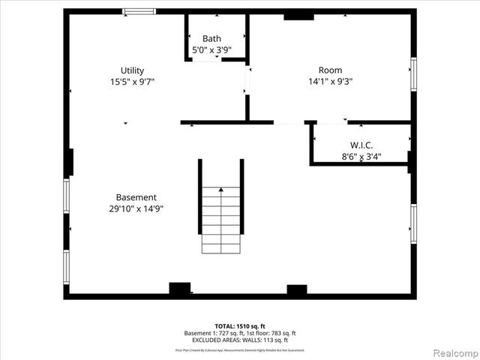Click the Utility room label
coord(133,70)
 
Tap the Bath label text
coord(211,39)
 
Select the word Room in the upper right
coord(330,70)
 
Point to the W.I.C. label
coord(361,145)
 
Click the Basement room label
coord(136,197)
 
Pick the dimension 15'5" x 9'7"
coord(133,82)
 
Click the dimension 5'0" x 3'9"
coord(211,50)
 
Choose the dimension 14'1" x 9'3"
coord(330,82)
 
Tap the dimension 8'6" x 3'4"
coord(361,157)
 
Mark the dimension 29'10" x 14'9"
coord(136,208)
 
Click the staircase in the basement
coord(220,217)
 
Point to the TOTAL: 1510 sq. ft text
coord(240,326)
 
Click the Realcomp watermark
coord(456,352)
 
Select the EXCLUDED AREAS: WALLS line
coord(240,340)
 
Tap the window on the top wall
coord(139,11)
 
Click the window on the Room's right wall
coord(412,75)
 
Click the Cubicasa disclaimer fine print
coord(240,349)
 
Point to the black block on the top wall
coord(298,15)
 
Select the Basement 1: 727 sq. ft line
coord(240,333)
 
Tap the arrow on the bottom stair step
coord(220,191)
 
